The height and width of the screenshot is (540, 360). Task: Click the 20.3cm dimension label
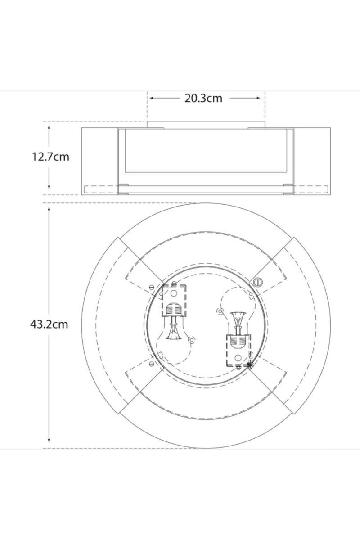[x=203, y=98]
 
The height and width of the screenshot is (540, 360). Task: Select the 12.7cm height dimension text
[x=50, y=157]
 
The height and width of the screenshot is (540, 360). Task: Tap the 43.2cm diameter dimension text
[x=50, y=324]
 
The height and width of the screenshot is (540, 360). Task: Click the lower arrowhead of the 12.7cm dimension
[x=49, y=189]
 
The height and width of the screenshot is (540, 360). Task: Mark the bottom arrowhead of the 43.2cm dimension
[x=49, y=443]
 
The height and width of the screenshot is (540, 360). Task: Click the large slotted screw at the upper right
[x=257, y=282]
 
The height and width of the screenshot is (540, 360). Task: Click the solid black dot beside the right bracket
[x=250, y=365]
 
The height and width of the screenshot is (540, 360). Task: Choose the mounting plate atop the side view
[x=206, y=125]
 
